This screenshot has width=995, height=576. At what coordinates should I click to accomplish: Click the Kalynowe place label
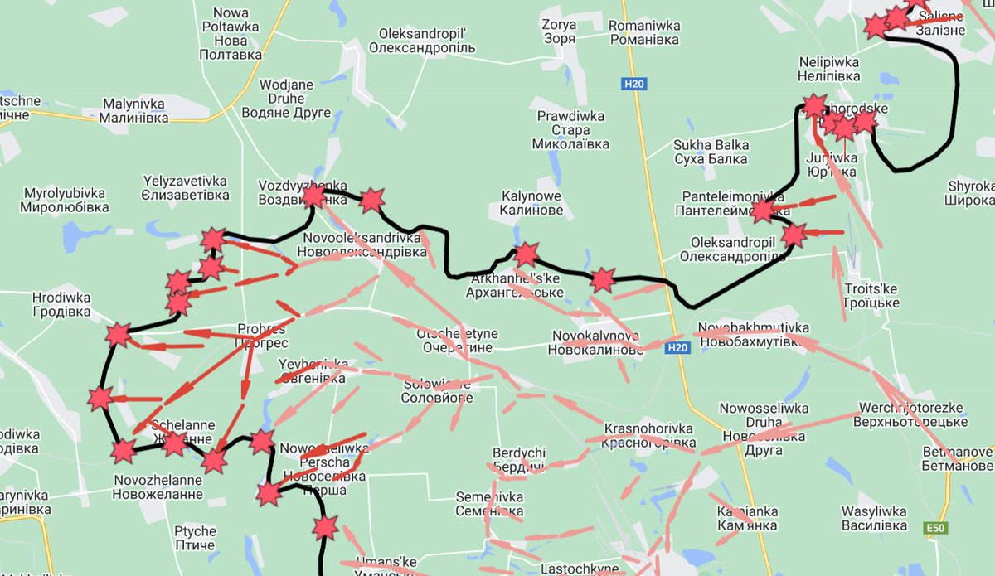(x=531, y=203)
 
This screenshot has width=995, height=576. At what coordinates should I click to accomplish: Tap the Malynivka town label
(x=133, y=111)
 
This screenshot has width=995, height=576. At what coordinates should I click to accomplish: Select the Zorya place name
(x=559, y=31)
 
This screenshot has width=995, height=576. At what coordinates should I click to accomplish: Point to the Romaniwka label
(x=644, y=31)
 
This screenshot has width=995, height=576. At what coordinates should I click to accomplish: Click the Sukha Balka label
(x=711, y=152)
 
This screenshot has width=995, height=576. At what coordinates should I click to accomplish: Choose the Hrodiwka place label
(x=61, y=304)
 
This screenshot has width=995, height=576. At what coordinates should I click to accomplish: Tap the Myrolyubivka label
(x=66, y=199)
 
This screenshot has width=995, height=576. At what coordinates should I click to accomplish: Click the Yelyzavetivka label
(x=186, y=187)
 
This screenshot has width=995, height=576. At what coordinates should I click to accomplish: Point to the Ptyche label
(x=195, y=538)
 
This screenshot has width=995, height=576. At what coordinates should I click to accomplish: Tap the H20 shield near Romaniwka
(x=634, y=84)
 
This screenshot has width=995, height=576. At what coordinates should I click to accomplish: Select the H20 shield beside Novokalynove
(x=676, y=350)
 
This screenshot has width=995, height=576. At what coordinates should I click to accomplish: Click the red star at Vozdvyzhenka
(x=313, y=196)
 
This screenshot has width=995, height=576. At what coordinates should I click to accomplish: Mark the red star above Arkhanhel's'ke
(x=526, y=254)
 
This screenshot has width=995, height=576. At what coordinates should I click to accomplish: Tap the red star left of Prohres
(x=118, y=335)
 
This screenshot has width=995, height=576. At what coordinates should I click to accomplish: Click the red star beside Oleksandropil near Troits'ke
(x=794, y=235)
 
